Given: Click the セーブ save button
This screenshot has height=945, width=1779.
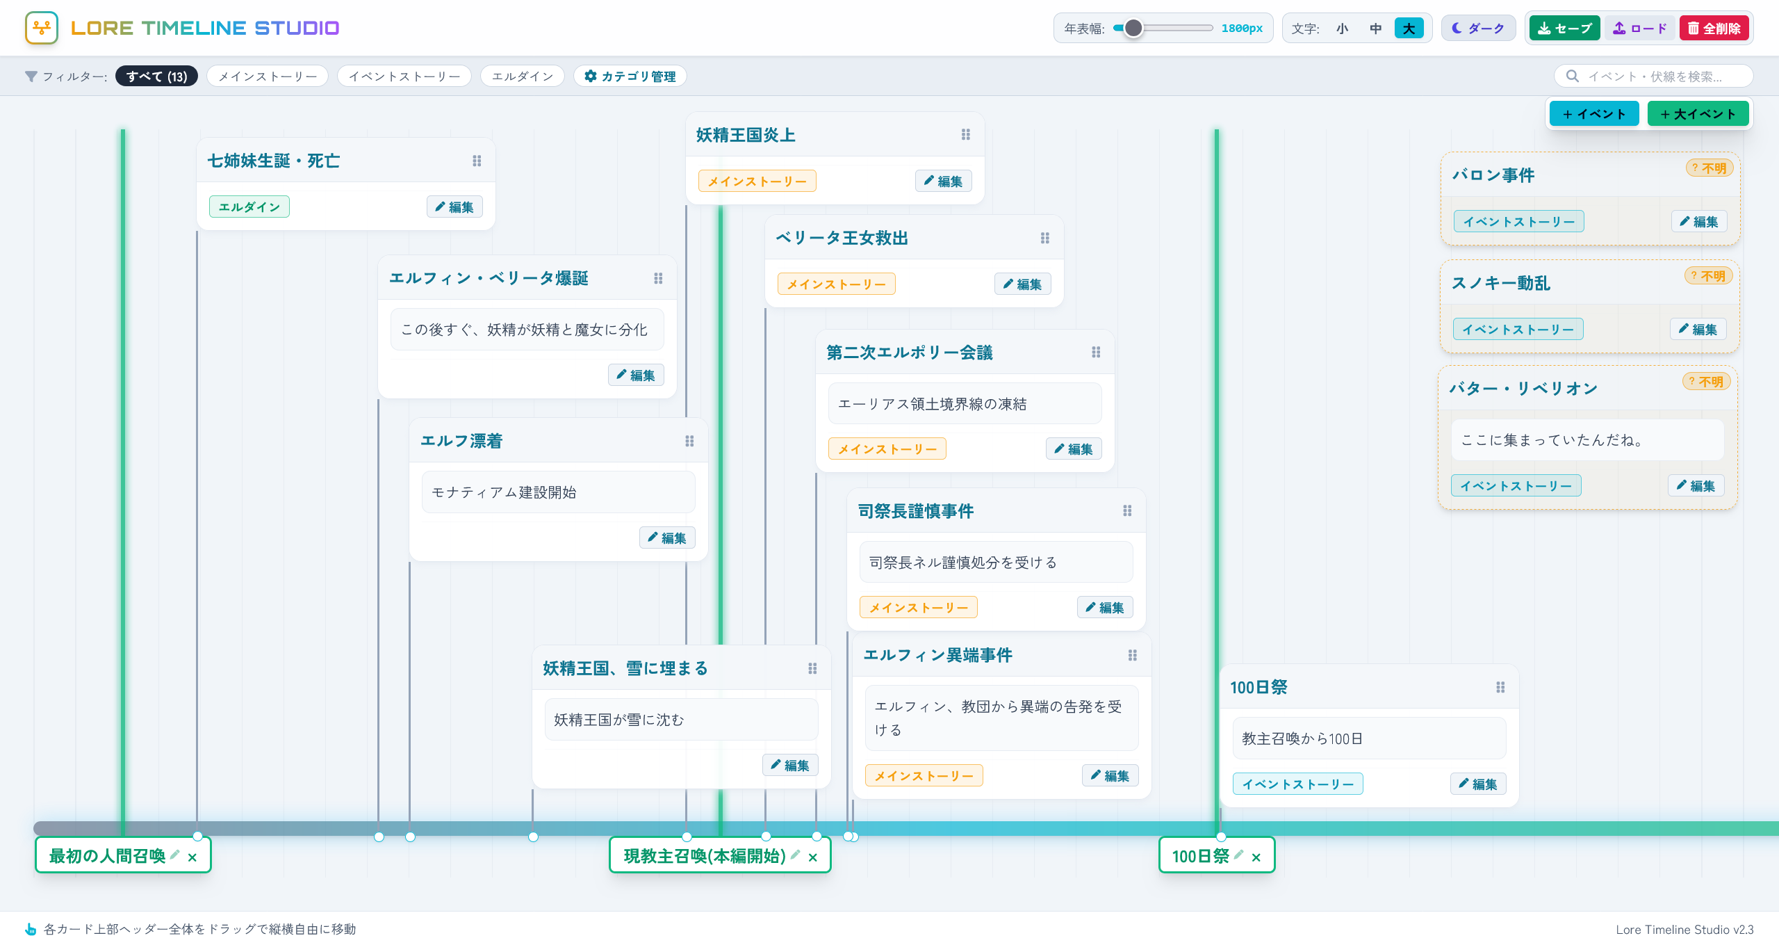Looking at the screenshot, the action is (x=1564, y=29).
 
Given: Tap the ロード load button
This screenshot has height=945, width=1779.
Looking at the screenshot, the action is (x=1640, y=29).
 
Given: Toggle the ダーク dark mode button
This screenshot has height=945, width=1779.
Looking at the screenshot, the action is (x=1478, y=29).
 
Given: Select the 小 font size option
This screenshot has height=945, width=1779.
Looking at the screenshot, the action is (x=1342, y=29).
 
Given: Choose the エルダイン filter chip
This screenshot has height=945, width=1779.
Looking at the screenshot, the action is (x=523, y=76).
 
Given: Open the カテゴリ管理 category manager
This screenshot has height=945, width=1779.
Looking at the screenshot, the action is (x=630, y=76).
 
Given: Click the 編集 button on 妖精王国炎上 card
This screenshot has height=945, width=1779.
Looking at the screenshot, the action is (x=943, y=181).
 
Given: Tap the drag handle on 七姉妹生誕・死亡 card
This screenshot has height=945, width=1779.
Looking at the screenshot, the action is (x=477, y=161).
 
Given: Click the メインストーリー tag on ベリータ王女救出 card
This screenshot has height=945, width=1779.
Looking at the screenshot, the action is (x=837, y=284).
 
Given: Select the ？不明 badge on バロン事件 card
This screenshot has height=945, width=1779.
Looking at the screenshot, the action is (x=1709, y=168).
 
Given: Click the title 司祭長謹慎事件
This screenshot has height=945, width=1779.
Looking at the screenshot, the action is (x=916, y=512).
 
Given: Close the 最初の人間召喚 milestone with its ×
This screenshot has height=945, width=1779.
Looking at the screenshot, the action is (x=192, y=857).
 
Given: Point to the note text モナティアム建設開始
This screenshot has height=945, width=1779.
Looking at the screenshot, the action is (x=505, y=493).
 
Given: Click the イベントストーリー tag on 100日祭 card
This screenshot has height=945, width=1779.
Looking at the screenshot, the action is (x=1298, y=784).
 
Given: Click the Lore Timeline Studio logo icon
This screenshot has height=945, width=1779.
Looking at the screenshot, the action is (x=42, y=28).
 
